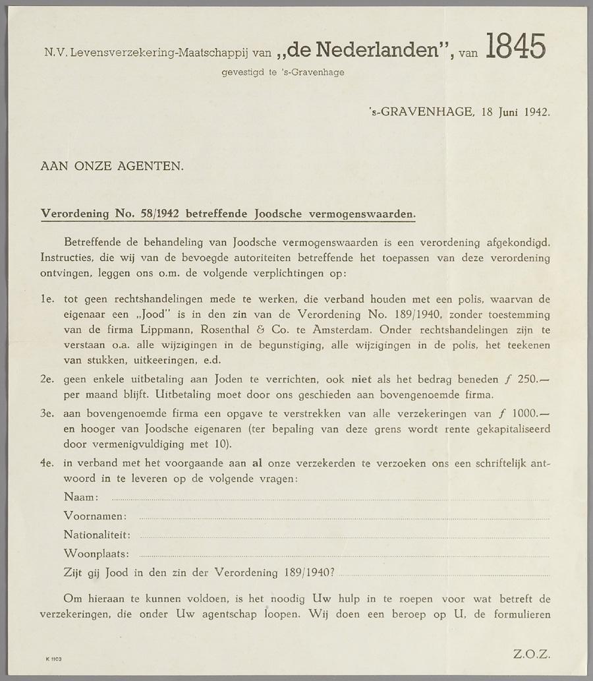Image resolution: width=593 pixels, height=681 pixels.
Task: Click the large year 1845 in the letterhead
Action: point(515,47)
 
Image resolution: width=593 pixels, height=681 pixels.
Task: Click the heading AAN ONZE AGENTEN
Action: point(112,166)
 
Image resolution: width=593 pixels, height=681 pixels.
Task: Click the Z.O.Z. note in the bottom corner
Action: point(530,654)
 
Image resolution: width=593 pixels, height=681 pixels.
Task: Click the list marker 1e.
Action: point(47,299)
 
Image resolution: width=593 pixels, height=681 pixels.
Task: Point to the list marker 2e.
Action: point(47,380)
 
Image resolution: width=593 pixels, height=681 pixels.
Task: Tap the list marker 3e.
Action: point(47,414)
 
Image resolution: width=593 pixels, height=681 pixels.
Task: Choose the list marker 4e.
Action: point(47,463)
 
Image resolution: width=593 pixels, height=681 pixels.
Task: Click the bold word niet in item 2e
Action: point(361,380)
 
